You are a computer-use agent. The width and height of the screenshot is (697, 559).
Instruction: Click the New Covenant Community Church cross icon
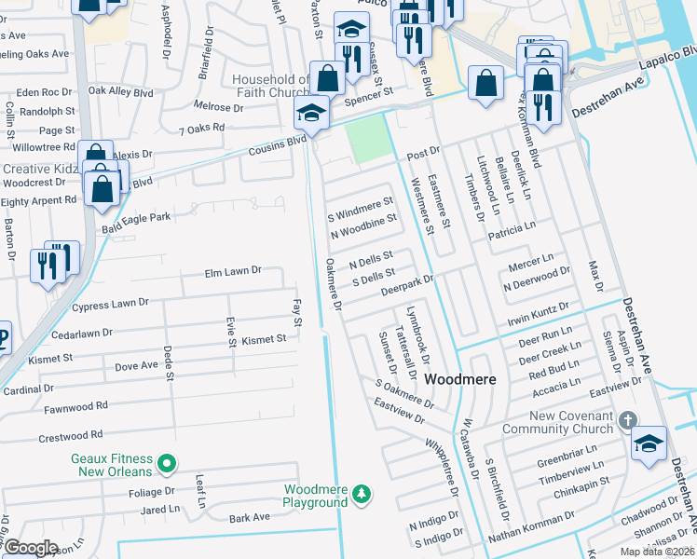pyautogui.click(x=630, y=421)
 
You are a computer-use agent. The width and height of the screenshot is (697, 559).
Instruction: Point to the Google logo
pyautogui.click(x=31, y=547)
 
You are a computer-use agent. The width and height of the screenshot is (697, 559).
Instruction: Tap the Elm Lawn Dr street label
pyautogui.click(x=233, y=271)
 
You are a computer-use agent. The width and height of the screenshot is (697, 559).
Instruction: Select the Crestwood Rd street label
pyautogui.click(x=70, y=436)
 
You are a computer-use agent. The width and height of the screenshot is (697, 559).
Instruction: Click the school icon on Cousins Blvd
pyautogui.click(x=311, y=115)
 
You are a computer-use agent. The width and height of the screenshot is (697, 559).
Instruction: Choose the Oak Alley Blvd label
pyautogui.click(x=120, y=92)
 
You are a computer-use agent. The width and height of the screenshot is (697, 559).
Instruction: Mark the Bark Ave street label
pyautogui.click(x=249, y=517)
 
